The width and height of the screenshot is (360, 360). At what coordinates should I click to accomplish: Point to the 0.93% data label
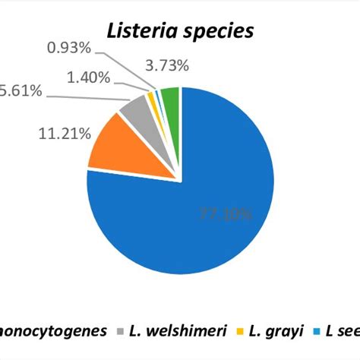point(69,48)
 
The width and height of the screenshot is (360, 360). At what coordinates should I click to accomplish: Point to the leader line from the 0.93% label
point(129,68)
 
